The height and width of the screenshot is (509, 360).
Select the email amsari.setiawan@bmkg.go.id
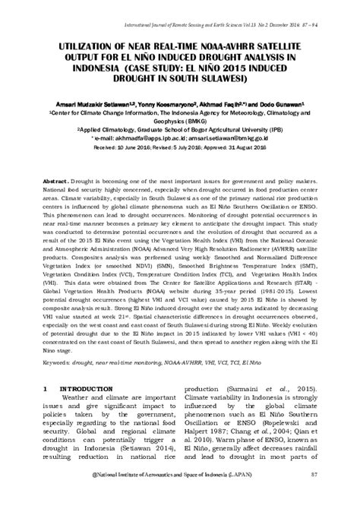(x=236, y=139)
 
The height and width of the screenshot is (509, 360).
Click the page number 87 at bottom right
(x=313, y=495)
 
